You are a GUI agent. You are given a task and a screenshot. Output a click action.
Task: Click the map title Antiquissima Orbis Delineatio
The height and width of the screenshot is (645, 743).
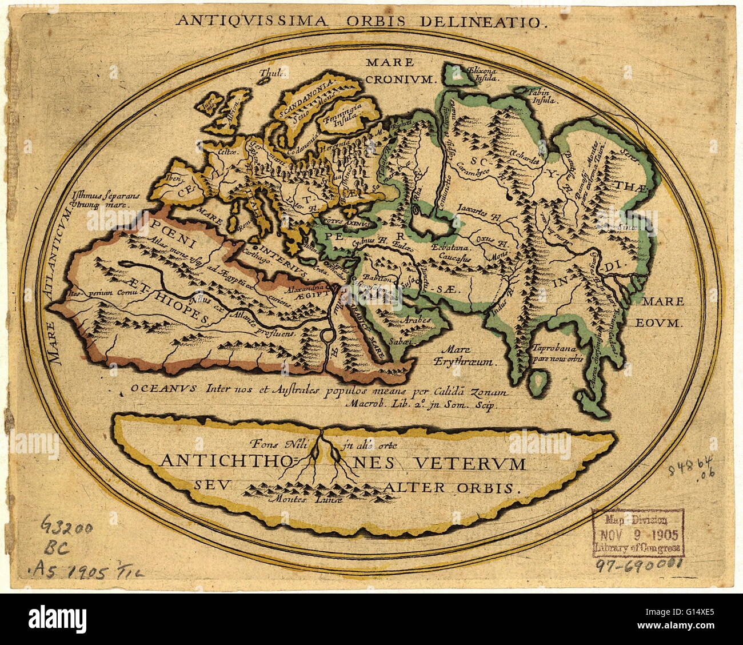click(361, 21)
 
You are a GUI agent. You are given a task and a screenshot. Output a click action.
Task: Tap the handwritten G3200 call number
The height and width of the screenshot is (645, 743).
click(66, 524)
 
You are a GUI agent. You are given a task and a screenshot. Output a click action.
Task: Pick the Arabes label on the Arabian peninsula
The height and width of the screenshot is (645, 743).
click(416, 321)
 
